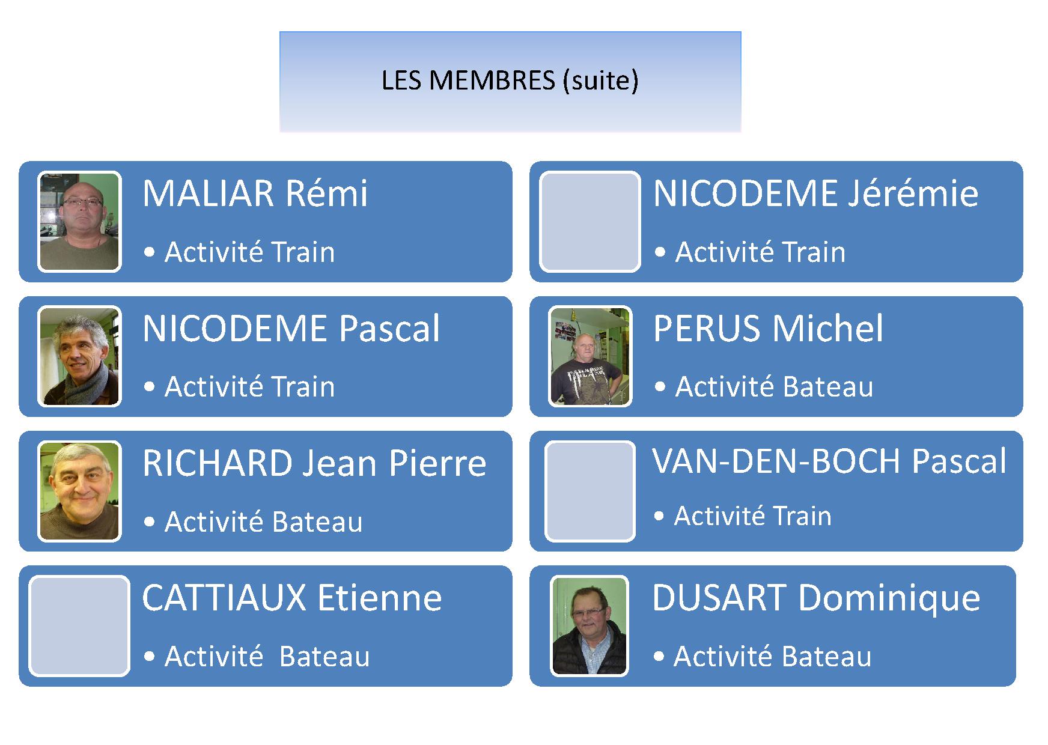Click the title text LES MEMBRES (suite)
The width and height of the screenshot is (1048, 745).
coord(510,81)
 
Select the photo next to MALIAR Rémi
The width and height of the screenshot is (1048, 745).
coord(79,222)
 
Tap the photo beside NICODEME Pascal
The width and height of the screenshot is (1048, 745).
coord(79,356)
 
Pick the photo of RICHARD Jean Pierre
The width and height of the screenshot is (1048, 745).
coord(79,491)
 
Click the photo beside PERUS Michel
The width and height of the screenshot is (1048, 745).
coord(591,356)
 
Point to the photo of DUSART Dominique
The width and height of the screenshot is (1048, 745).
coord(589,626)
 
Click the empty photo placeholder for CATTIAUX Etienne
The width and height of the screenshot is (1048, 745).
coord(79,626)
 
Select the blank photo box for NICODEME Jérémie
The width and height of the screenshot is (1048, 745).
coord(590,222)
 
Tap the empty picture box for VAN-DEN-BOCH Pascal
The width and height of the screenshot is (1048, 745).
coord(590,491)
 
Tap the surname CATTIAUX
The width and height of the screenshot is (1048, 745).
coord(224,598)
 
